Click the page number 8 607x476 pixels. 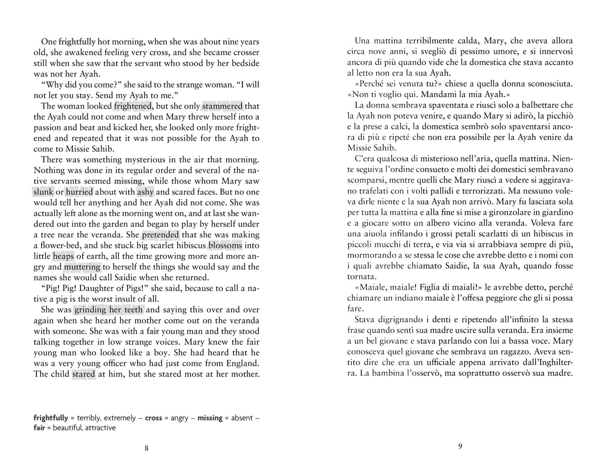[x=146, y=448]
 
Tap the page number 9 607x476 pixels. [x=460, y=447]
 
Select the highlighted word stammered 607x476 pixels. [x=223, y=106]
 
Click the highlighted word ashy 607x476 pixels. [x=145, y=192]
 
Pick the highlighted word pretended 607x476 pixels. [x=160, y=235]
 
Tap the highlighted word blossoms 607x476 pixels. [x=225, y=245]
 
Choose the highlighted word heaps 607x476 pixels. [x=63, y=256]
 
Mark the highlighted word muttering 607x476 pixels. [x=82, y=267]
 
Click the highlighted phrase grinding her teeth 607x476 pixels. [x=108, y=310]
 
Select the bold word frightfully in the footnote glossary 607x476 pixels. [x=51, y=418]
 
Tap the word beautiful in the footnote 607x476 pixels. [x=68, y=428]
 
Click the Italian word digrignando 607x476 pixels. [x=406, y=320]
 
